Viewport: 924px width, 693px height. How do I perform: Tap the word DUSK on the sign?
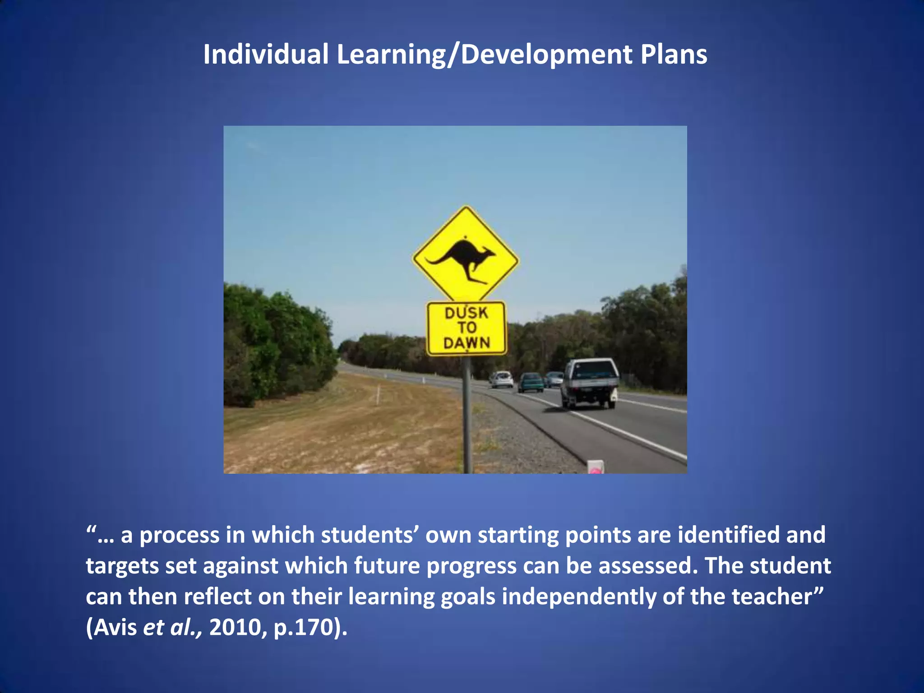[x=466, y=313]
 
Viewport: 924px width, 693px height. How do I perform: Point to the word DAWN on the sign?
[x=467, y=343]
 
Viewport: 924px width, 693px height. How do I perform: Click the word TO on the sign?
[x=467, y=328]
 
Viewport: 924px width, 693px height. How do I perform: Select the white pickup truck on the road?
[x=590, y=383]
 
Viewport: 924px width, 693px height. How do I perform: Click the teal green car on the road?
[x=531, y=382]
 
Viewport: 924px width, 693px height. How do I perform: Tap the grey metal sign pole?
[x=467, y=415]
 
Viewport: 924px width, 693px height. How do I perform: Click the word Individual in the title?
[x=266, y=55]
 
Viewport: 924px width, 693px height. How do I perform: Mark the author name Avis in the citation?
[x=115, y=627]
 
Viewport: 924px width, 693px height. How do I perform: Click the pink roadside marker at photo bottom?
[x=595, y=467]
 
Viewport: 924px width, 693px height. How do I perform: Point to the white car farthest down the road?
[x=502, y=379]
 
